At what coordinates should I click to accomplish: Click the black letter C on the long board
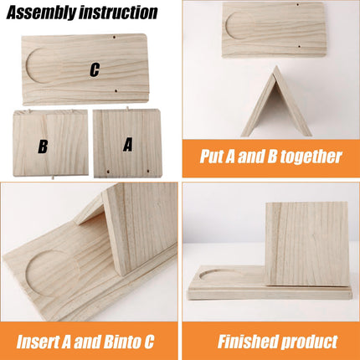94,70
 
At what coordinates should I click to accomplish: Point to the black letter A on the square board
128,144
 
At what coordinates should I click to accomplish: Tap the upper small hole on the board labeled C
115,38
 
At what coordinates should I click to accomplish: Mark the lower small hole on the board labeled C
116,92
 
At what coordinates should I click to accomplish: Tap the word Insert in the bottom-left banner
41,342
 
